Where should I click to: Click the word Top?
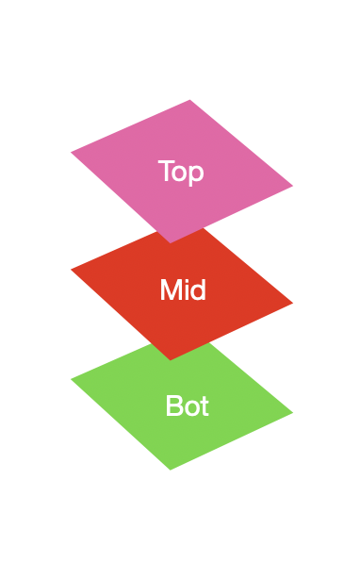click(181, 172)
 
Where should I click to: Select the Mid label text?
click(183, 290)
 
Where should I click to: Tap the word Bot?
click(187, 406)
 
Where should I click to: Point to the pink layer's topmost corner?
click(190, 100)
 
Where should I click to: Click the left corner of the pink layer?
click(72, 152)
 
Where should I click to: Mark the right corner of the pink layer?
click(292, 186)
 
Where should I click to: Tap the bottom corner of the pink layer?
click(171, 242)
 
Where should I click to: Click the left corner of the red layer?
click(72, 270)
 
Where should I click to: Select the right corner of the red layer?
click(292, 303)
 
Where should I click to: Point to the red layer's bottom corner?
click(171, 359)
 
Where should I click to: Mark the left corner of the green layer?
click(72, 380)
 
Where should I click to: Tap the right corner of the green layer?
click(292, 412)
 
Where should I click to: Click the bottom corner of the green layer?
click(171, 469)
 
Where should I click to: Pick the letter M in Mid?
click(171, 290)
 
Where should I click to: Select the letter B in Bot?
click(173, 406)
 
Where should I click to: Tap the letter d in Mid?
click(198, 290)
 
